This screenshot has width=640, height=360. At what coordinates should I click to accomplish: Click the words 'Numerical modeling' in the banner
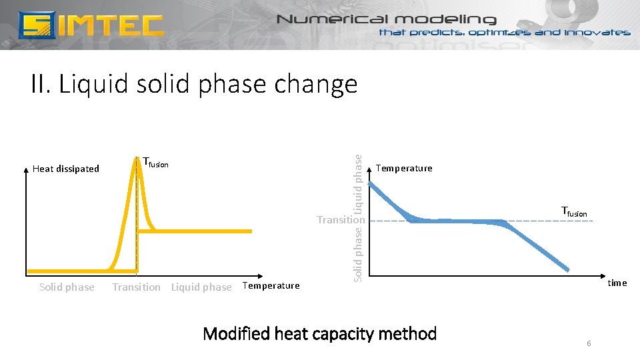pyautogui.click(x=387, y=19)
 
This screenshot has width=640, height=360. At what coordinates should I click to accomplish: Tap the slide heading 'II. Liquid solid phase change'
pyautogui.click(x=194, y=85)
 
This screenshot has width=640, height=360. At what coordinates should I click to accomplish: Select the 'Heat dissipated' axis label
pyautogui.click(x=65, y=169)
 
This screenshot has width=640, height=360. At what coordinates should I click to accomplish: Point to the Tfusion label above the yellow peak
pyautogui.click(x=156, y=163)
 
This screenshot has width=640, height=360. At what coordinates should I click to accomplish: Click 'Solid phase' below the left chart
pyautogui.click(x=67, y=287)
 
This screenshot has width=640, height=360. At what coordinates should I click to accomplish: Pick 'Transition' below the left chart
pyautogui.click(x=136, y=287)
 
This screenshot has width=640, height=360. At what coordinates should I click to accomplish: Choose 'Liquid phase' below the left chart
pyautogui.click(x=201, y=287)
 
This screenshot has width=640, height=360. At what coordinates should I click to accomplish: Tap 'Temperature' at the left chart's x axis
pyautogui.click(x=271, y=286)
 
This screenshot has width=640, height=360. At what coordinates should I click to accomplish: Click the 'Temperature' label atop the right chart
pyautogui.click(x=404, y=168)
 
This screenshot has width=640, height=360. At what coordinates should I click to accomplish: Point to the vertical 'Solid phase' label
pyautogui.click(x=359, y=254)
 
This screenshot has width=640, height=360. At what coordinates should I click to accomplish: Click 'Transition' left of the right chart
pyautogui.click(x=341, y=219)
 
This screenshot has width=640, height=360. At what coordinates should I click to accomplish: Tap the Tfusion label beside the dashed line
pyautogui.click(x=574, y=213)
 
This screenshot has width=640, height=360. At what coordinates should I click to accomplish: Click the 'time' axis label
pyautogui.click(x=617, y=283)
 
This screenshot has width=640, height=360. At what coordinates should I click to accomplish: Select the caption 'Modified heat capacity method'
pyautogui.click(x=319, y=333)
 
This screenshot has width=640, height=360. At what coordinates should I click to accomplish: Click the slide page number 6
pyautogui.click(x=589, y=343)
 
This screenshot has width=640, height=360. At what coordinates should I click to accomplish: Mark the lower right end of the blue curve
pyautogui.click(x=568, y=269)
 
